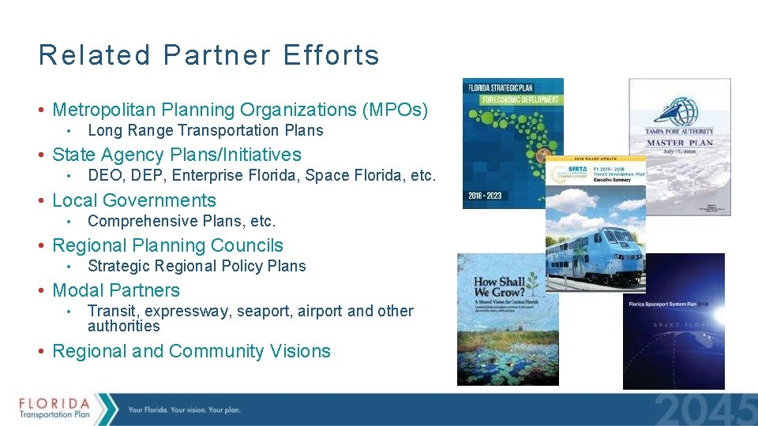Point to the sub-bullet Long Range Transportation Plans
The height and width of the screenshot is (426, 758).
205,130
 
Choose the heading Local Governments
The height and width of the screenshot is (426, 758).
133,200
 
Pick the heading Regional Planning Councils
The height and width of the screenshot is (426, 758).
167,245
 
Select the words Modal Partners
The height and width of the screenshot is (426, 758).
116,290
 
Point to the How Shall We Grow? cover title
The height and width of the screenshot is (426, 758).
500,286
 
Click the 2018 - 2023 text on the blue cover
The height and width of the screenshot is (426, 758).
484,194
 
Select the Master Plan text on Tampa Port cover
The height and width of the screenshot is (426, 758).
680,143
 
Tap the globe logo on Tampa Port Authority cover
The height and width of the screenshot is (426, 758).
680,111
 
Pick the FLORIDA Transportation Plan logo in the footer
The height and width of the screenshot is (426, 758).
55,408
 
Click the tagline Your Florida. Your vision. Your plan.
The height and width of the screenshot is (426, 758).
184,409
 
